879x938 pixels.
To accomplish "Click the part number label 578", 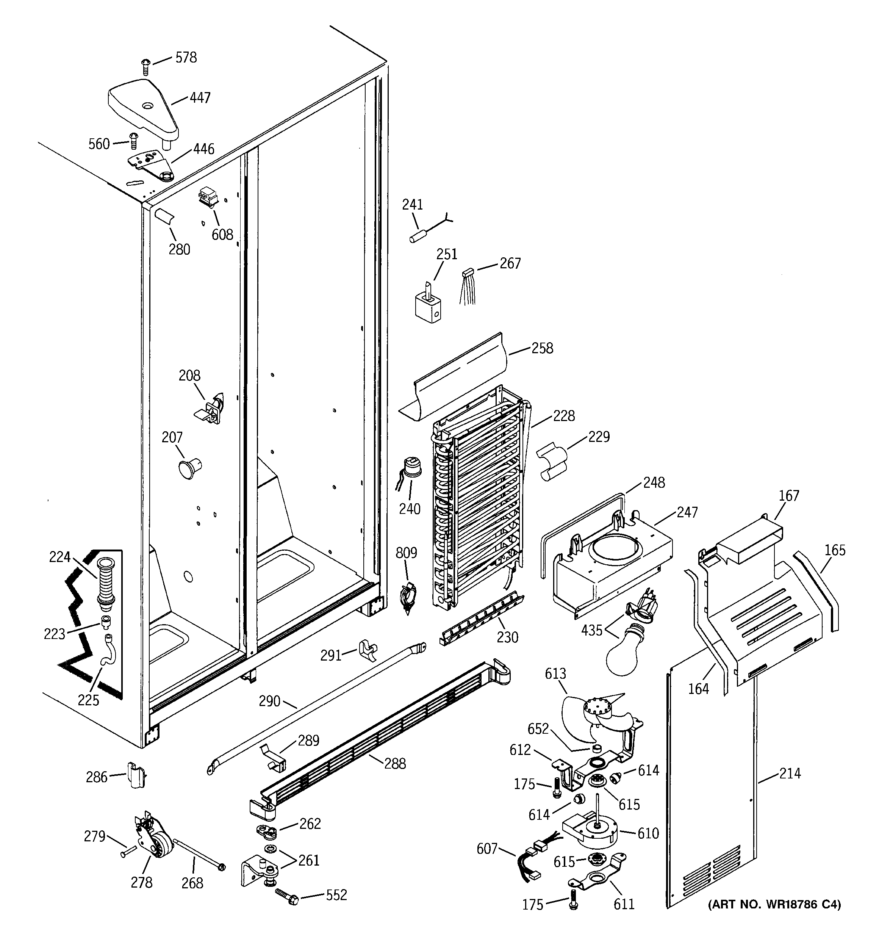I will click(x=186, y=58).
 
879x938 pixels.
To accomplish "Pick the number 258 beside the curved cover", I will click(x=542, y=348).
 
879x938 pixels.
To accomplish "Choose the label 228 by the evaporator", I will click(x=564, y=416).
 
